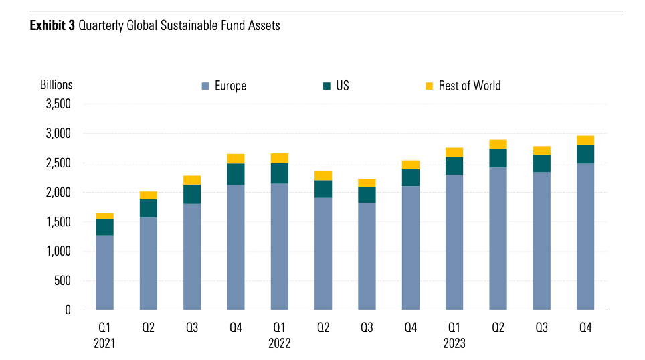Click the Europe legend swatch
click(205, 86)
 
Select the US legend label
click(343, 86)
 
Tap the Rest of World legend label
click(470, 86)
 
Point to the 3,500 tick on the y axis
click(58, 104)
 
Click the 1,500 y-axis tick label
click(58, 222)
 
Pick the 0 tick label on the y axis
click(67, 310)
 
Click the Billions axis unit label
click(56, 85)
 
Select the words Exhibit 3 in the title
click(52, 26)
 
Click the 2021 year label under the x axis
click(104, 344)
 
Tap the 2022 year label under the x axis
click(280, 344)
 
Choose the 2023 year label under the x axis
click(454, 344)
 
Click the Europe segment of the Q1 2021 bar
click(104, 272)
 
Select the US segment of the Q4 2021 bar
click(236, 174)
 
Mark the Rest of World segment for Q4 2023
click(585, 140)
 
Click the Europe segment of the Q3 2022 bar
click(367, 256)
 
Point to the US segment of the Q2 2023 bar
click(498, 158)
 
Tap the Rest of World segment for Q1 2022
click(280, 158)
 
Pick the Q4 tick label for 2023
click(585, 328)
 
